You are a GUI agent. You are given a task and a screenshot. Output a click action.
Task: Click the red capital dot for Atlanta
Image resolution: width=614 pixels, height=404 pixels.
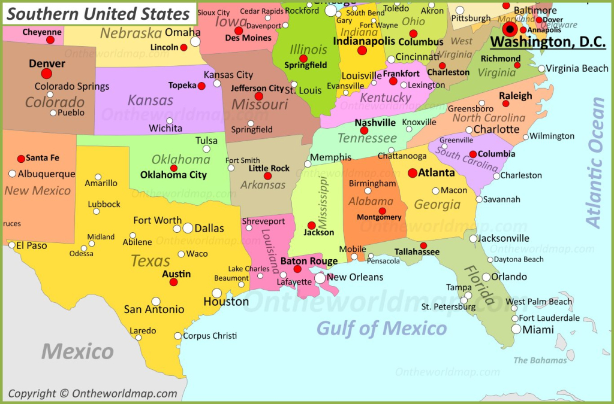[x=413, y=173]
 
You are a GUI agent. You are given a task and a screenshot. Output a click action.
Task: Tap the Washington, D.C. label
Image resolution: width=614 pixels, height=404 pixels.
[x=547, y=42]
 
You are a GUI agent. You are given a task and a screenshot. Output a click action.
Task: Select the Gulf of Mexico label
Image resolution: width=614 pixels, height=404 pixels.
[x=381, y=328]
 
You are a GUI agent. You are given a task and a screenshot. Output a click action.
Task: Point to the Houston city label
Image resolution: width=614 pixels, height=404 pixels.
[x=226, y=302]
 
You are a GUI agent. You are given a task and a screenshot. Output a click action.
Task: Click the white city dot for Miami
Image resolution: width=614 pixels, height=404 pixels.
[x=516, y=329]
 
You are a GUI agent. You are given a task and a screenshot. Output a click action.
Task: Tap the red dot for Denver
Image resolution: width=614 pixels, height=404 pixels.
[x=46, y=74]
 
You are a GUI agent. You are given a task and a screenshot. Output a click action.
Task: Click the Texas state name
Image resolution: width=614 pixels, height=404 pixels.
[x=151, y=261]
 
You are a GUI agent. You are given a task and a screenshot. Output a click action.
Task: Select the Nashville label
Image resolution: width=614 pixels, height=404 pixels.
[x=375, y=122]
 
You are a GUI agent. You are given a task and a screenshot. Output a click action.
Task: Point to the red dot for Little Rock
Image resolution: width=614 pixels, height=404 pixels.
[x=268, y=177]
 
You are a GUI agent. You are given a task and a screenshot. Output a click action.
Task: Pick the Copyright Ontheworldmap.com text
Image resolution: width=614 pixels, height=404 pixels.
[x=92, y=393]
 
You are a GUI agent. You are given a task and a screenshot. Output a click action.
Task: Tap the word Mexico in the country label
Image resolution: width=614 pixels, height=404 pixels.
[x=77, y=351]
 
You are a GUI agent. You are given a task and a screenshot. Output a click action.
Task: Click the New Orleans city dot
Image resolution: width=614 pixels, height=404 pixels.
[x=320, y=278]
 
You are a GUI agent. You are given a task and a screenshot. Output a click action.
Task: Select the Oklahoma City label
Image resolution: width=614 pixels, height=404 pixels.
[x=173, y=175]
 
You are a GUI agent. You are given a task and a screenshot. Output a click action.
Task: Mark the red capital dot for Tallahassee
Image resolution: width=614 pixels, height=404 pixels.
[x=423, y=245]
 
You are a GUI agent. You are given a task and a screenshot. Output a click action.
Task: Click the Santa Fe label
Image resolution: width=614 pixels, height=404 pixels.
[x=43, y=158]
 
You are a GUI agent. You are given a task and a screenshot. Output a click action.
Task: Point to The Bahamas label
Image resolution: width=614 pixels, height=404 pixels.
[x=540, y=360]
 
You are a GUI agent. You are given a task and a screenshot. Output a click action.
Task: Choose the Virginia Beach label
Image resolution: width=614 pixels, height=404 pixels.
[x=577, y=68]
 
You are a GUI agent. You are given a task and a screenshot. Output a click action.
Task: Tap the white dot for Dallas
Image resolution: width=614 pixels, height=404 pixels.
[x=188, y=228]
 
